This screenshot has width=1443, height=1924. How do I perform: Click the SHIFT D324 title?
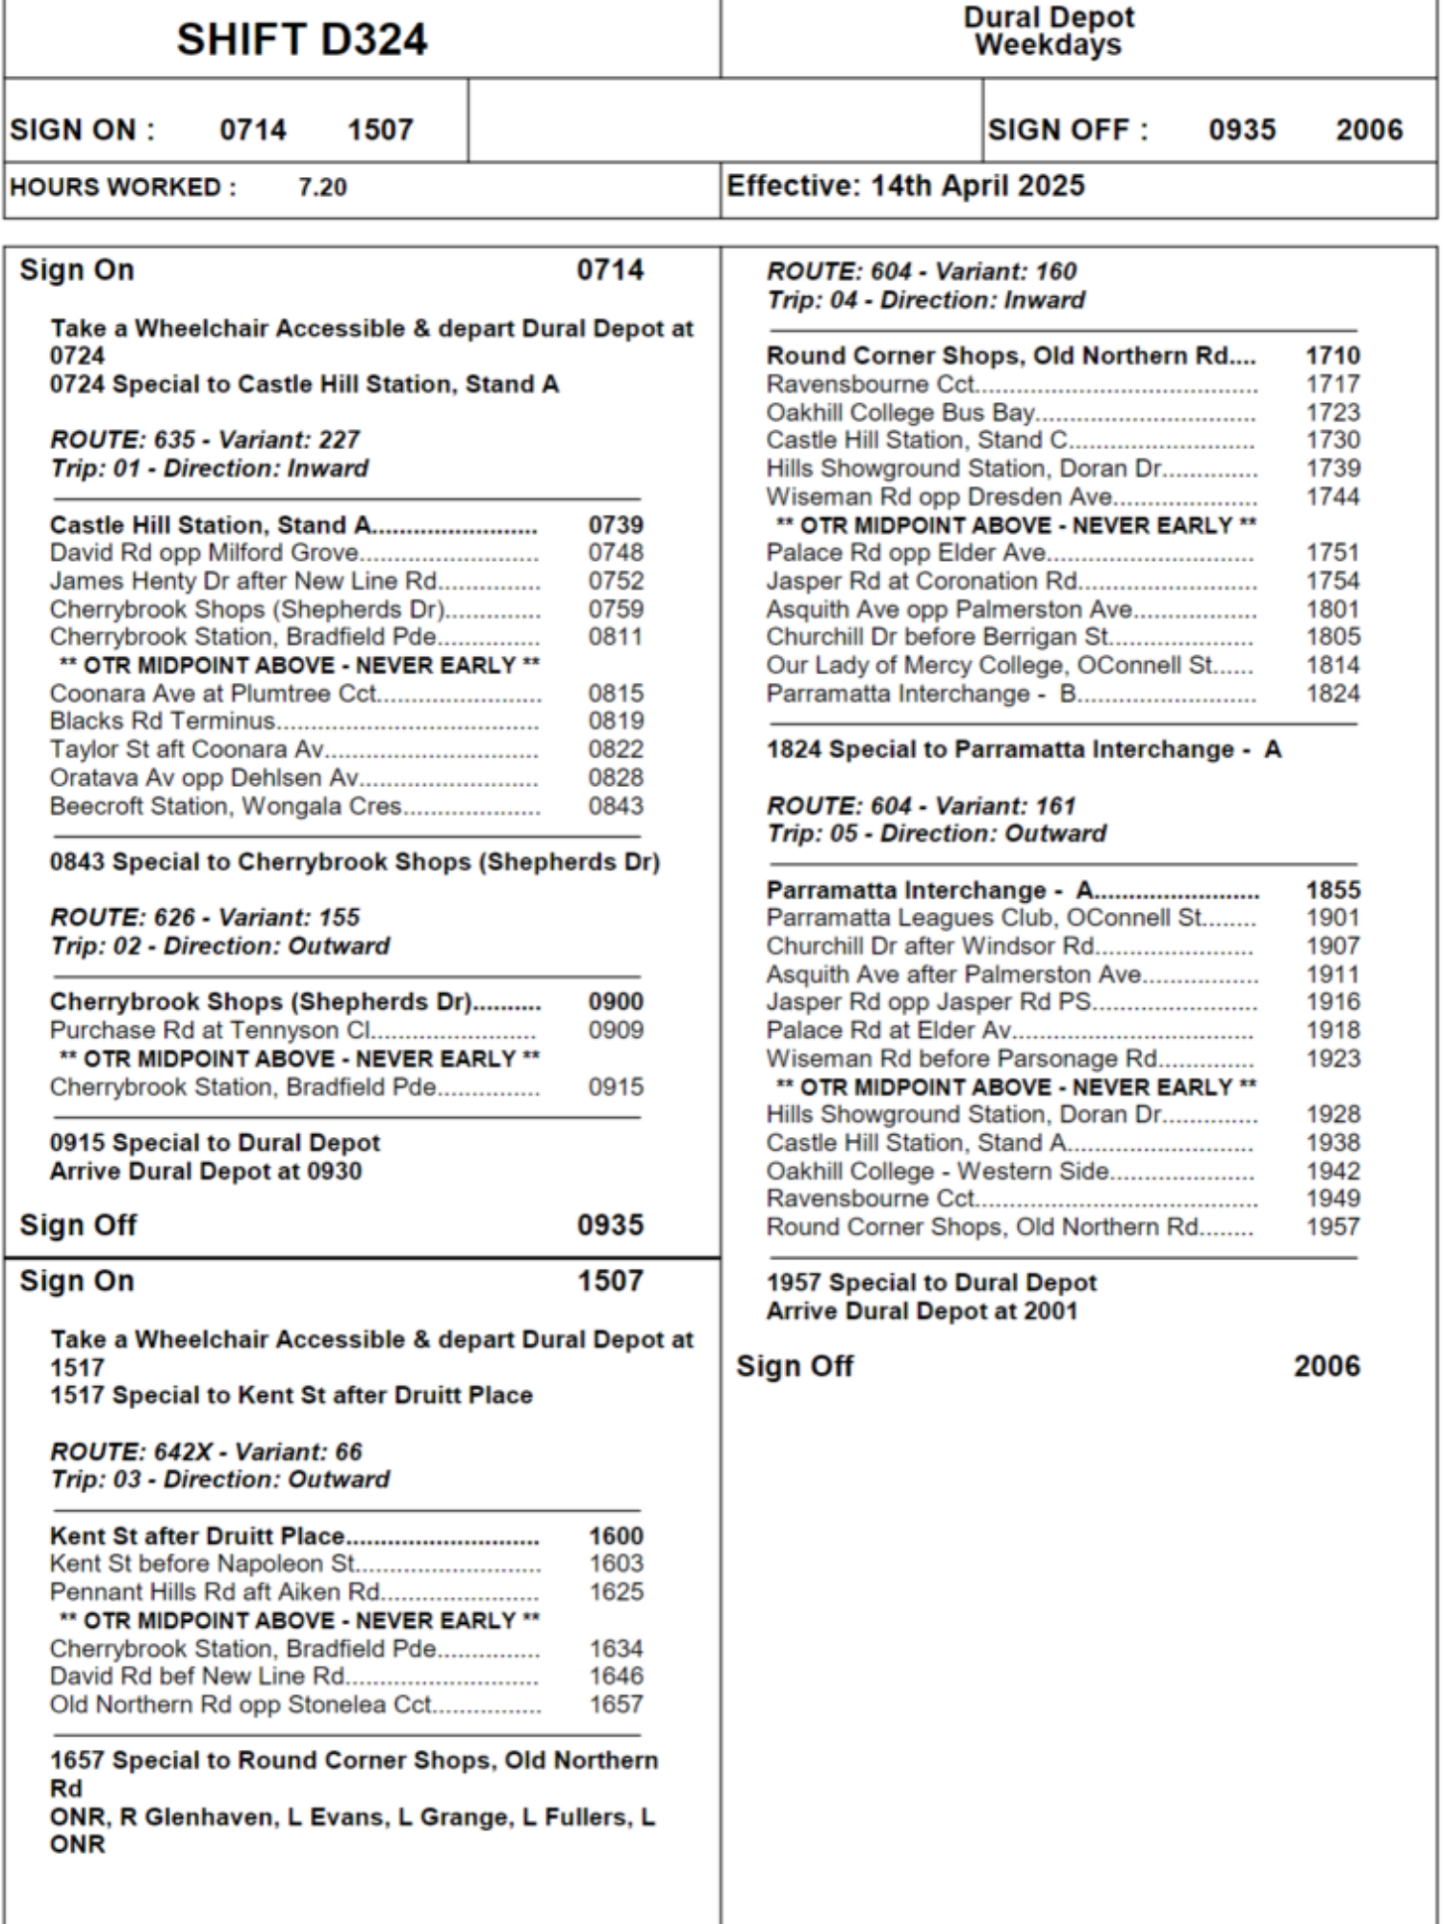(301, 40)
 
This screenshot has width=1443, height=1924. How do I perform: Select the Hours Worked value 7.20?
(322, 188)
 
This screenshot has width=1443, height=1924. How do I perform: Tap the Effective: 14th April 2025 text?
(905, 186)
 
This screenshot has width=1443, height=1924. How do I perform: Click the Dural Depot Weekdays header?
(1049, 31)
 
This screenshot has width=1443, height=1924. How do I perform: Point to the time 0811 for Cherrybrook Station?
(616, 637)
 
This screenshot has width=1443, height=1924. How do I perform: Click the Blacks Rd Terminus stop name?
(163, 721)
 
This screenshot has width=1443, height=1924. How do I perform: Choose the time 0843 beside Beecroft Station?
(616, 806)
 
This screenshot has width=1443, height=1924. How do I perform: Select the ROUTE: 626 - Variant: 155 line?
(205, 918)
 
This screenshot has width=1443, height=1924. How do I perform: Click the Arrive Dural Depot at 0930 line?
(206, 1172)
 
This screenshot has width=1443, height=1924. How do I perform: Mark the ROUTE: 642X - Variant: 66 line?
(206, 1452)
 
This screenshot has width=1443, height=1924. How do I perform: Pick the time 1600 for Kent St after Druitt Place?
(616, 1536)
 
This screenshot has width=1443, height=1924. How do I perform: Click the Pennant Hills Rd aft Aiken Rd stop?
(215, 1592)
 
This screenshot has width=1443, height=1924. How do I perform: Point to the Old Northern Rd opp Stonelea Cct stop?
(240, 1705)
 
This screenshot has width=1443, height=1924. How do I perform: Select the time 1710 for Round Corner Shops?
(1332, 356)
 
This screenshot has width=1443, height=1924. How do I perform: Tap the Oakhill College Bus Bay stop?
(900, 413)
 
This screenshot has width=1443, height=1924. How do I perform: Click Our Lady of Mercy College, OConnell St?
(990, 666)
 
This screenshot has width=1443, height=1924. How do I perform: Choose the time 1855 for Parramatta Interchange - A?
(1332, 891)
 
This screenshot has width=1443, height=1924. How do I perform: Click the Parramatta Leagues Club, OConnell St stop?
(984, 919)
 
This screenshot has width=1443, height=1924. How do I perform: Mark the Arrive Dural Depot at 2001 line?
(922, 1311)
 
